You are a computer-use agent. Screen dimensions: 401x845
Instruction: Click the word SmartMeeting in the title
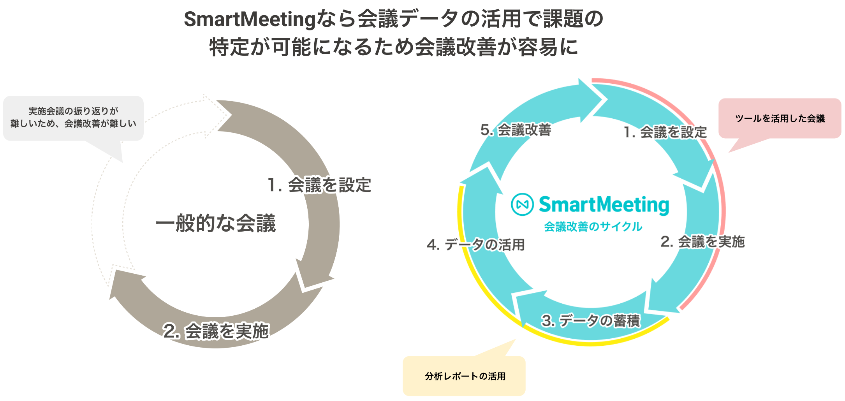[x=249, y=19]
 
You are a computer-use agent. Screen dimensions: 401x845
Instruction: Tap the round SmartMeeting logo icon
[x=522, y=204]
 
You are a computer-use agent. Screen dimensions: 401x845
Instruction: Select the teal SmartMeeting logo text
[x=604, y=205]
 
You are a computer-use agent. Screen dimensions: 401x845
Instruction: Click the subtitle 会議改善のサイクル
[x=593, y=227]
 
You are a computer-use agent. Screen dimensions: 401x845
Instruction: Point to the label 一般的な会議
[x=215, y=223]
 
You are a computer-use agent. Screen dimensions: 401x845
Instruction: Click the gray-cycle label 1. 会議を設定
[x=319, y=185]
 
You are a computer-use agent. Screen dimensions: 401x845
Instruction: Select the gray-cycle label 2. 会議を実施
[x=216, y=331]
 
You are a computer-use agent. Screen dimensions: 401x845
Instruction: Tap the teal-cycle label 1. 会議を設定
[x=665, y=132]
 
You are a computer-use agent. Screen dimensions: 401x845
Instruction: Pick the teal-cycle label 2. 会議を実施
[x=702, y=242]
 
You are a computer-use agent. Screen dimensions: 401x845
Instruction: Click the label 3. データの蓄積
[x=591, y=321]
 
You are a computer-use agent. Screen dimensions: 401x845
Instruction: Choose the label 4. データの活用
[x=476, y=245]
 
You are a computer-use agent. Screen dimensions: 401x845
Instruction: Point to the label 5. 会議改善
[x=516, y=130]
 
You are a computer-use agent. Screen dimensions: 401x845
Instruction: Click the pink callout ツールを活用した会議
[x=780, y=118]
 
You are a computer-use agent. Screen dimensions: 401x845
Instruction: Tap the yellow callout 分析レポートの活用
[x=464, y=376]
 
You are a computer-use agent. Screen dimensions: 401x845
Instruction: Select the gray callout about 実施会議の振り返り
[x=73, y=118]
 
